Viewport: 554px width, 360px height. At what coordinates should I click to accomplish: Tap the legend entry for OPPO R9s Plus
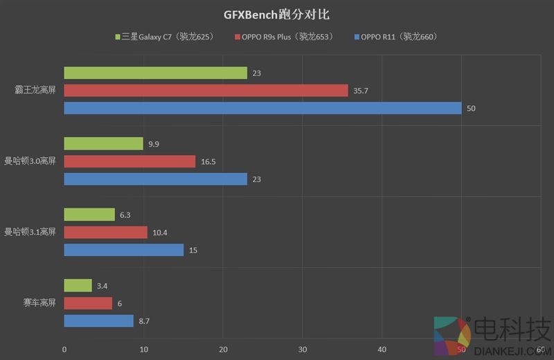(284, 37)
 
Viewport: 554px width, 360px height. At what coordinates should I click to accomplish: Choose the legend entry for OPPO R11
(395, 37)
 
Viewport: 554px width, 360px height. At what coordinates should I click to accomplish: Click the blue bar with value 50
(262, 108)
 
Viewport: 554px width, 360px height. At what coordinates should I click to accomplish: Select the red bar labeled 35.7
(206, 91)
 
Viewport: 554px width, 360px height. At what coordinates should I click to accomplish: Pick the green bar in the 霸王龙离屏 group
(155, 73)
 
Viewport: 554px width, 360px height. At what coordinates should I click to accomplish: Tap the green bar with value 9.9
(103, 143)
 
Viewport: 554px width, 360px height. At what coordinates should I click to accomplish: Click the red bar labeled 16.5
(129, 161)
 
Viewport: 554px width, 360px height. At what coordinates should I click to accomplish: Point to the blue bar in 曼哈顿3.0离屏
(155, 179)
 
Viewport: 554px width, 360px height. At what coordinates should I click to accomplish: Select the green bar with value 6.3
(89, 215)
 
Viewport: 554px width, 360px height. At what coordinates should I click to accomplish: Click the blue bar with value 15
(123, 249)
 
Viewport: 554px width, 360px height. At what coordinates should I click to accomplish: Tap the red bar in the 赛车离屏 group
(88, 303)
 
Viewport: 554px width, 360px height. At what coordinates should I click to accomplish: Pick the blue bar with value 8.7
(98, 321)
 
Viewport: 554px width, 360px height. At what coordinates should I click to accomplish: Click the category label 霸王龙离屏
(35, 91)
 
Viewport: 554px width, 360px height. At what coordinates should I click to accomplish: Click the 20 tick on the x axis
(223, 349)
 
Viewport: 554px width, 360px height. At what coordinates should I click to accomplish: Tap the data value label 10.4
(161, 233)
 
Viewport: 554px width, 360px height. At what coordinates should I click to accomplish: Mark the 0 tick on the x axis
(64, 349)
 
